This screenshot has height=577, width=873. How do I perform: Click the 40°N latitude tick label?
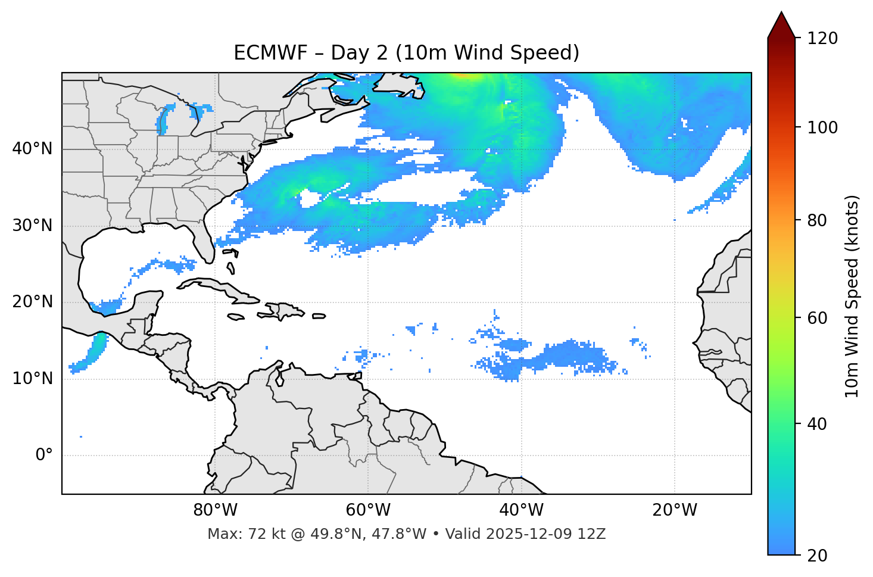click(x=32, y=149)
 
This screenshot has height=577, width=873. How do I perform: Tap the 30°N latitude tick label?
click(x=32, y=226)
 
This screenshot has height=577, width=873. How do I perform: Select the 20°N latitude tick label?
click(x=32, y=302)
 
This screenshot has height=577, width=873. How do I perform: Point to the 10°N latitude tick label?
click(x=32, y=379)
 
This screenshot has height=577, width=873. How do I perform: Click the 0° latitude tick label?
click(x=43, y=456)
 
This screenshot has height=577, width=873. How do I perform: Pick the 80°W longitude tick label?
click(x=215, y=510)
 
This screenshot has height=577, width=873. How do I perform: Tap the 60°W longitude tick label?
click(x=368, y=510)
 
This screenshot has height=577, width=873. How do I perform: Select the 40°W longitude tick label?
click(x=521, y=510)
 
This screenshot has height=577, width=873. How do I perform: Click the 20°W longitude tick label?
click(x=675, y=510)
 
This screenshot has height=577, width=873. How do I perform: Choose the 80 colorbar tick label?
click(x=818, y=220)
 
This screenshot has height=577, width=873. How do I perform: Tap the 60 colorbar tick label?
click(x=818, y=318)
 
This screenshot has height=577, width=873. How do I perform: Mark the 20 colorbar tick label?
click(x=818, y=556)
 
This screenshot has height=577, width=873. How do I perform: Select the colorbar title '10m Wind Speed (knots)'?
click(x=852, y=297)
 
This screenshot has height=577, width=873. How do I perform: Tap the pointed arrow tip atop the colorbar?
click(x=781, y=15)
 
